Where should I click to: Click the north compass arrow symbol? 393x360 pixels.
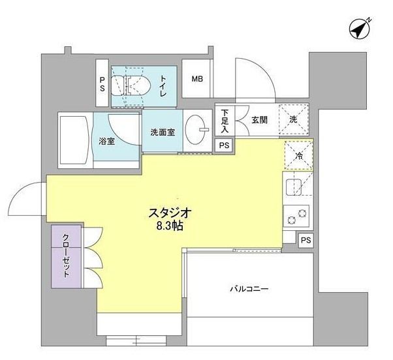point(360,29)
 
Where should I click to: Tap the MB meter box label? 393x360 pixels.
point(197,79)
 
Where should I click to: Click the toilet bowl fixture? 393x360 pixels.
point(131,85)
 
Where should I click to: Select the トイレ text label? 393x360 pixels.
point(163,86)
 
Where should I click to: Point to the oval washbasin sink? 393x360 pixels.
point(195,129)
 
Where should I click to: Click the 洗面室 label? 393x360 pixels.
point(163,132)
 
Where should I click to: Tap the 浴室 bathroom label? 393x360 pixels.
point(107,142)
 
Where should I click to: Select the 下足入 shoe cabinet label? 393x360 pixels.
point(225,121)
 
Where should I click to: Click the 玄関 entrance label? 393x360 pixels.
point(259,120)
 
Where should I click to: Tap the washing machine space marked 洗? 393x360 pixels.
point(294,119)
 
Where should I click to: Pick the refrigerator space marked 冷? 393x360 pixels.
point(298,156)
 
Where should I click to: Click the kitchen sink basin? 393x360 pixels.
point(294,187)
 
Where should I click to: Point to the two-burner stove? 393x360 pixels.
point(296,216)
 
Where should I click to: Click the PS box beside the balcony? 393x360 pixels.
point(306,241)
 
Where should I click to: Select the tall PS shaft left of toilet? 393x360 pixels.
point(102,83)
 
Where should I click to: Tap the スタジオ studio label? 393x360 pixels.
point(170,213)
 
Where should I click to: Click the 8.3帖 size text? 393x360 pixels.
point(170,226)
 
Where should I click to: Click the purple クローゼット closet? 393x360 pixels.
point(66,256)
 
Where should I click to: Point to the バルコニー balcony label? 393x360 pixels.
point(249,289)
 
